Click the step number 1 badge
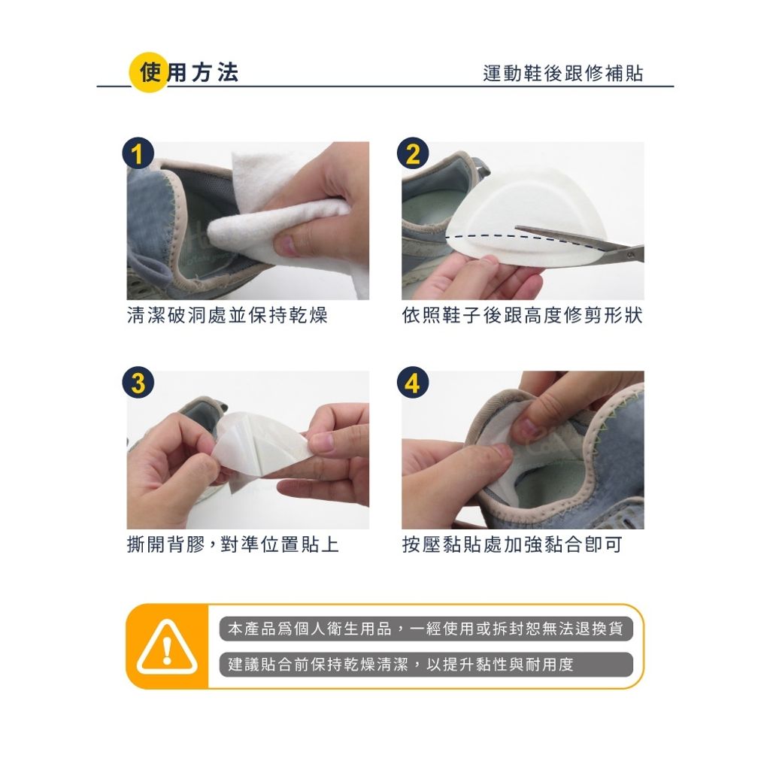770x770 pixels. tap(138, 153)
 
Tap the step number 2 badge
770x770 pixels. tap(413, 153)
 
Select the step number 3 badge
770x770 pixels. tap(138, 382)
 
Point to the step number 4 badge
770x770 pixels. tap(413, 382)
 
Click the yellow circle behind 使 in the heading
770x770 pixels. tap(149, 73)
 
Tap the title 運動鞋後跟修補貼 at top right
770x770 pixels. tap(562, 73)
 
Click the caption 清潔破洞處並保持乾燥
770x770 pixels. tap(227, 315)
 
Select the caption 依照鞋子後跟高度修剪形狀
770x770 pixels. tap(522, 315)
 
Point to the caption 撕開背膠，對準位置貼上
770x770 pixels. tap(233, 544)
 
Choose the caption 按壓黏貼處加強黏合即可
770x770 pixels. tap(512, 544)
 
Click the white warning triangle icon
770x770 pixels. tap(167, 647)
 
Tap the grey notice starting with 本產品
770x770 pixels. tap(426, 629)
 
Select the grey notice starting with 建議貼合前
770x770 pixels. tap(426, 665)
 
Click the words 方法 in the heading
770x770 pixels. tap(215, 73)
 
